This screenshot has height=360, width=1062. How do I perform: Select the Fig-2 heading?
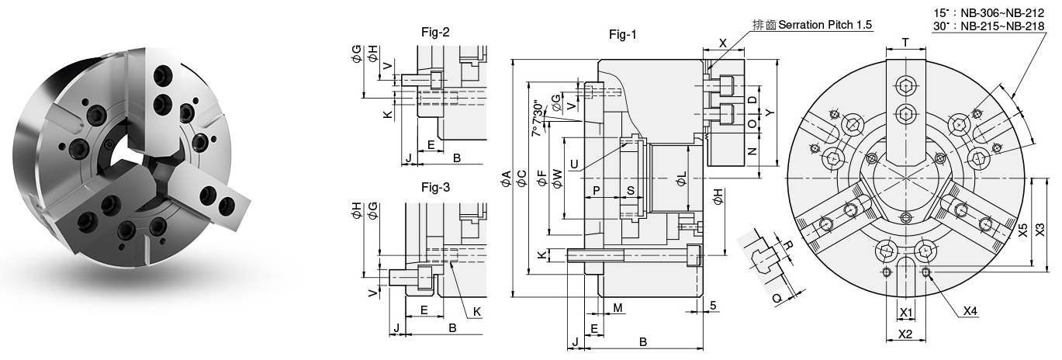[x=435, y=33]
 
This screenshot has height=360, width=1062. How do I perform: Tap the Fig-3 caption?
[x=435, y=187]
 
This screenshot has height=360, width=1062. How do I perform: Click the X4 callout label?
[x=969, y=311]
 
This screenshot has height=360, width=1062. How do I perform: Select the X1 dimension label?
[x=905, y=313]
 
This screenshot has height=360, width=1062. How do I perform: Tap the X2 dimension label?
[x=905, y=334]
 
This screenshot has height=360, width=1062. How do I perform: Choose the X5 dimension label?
[x=1023, y=230]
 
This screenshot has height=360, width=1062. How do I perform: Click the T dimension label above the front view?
[x=905, y=43]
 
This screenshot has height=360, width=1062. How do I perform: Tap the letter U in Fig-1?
[x=573, y=163]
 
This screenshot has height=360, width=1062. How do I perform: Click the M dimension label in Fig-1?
[x=618, y=308]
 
